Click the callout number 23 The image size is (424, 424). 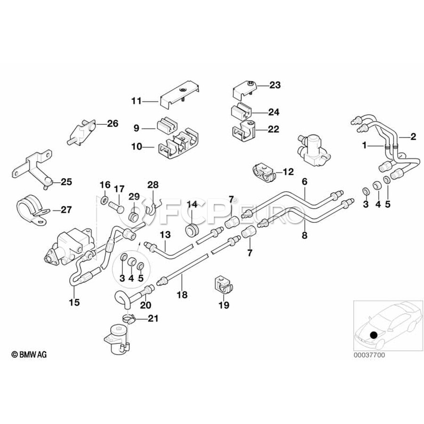[275, 85]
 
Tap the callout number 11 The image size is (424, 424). [137, 101]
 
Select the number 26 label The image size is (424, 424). [113, 123]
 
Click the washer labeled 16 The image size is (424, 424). [105, 201]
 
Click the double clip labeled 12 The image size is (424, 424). [264, 173]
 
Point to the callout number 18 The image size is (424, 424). [182, 294]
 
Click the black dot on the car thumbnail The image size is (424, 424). [374, 335]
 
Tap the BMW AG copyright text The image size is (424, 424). [29, 354]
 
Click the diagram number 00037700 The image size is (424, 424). [369, 355]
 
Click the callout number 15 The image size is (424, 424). [74, 302]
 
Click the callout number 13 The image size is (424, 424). [165, 235]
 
